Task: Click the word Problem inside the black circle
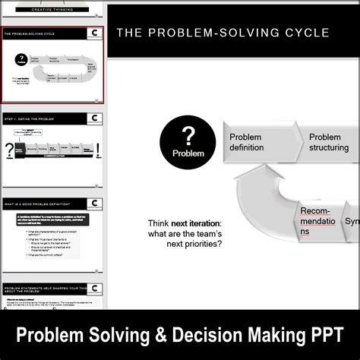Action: tap(188, 153)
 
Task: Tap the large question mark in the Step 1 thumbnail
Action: tap(9, 150)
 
